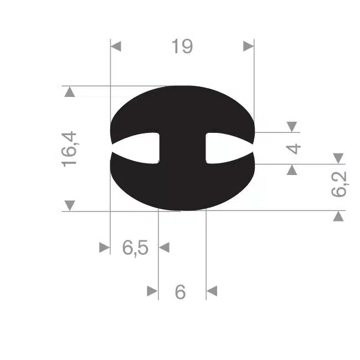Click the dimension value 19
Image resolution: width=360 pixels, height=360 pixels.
[182, 47]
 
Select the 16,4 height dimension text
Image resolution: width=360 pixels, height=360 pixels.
[70, 149]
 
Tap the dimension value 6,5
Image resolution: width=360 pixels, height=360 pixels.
[135, 248]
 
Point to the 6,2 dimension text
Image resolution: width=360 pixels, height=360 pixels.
[340, 184]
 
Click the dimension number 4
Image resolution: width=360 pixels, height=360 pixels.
[294, 148]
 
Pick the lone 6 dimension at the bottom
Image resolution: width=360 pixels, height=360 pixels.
[180, 292]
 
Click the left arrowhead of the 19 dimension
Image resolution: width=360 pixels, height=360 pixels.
[116, 47]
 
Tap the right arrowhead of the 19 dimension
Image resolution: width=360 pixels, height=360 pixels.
[249, 47]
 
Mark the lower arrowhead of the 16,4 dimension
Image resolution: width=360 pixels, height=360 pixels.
[70, 205]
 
